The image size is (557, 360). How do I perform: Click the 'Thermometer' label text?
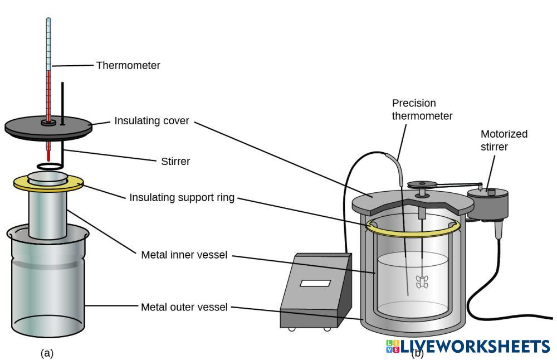(128, 65)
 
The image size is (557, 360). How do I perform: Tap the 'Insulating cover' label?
(152, 121)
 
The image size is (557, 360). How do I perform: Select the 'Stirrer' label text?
(175, 162)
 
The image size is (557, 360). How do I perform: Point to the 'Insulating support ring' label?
(182, 198)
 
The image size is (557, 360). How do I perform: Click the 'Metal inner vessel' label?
(184, 255)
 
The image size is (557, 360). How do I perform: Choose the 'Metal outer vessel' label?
(184, 307)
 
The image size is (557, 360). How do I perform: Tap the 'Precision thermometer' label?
(422, 109)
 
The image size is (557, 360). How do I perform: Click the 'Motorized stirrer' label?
(504, 140)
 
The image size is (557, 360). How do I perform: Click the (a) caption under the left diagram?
(47, 353)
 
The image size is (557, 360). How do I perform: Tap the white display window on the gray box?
(315, 283)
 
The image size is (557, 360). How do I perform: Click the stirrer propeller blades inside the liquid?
(422, 282)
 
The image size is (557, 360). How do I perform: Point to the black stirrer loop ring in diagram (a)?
(50, 166)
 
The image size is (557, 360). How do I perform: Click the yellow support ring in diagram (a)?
(48, 183)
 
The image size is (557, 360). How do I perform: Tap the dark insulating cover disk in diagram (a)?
(48, 128)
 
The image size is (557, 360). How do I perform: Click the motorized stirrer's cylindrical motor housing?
(488, 204)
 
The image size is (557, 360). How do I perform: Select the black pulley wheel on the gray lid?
(422, 185)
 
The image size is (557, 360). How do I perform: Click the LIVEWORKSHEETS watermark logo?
(468, 347)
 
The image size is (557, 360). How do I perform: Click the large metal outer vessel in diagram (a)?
(47, 281)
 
